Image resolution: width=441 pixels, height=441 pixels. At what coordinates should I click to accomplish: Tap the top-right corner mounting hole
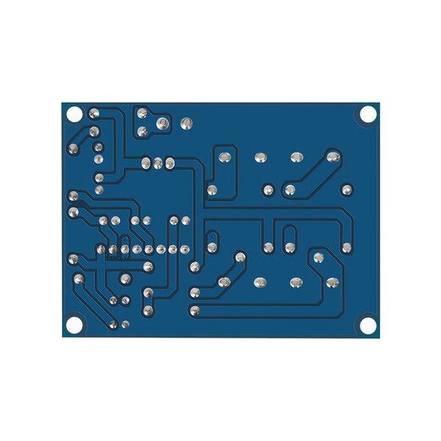pos(368,114)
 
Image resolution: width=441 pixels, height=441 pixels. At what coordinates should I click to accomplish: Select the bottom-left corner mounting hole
pos(75,325)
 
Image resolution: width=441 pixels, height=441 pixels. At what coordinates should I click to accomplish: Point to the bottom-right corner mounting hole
pos(368,325)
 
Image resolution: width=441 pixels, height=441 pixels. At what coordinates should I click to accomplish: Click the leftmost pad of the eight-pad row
pos(101,249)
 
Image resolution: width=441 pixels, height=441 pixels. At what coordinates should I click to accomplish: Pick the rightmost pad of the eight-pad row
pos(183,249)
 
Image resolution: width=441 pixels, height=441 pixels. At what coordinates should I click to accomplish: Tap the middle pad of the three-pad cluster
pos(158,163)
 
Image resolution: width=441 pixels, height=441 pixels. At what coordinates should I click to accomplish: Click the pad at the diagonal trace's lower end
pos(290,190)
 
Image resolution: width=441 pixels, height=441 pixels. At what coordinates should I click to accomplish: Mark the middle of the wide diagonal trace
pos(311,173)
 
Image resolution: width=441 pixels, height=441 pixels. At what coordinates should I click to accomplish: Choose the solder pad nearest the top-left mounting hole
pos(94,113)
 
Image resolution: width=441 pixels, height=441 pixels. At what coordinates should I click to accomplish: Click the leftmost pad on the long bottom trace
pos(195,311)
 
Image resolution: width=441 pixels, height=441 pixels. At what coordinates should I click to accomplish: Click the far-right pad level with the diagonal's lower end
pos(346,190)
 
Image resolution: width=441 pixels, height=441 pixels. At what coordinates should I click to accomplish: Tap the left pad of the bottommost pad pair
pos(111,325)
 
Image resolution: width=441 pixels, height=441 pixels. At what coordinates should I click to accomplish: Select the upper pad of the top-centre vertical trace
pos(225,157)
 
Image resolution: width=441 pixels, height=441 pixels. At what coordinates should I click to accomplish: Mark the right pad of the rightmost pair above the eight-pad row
pos(185,220)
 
